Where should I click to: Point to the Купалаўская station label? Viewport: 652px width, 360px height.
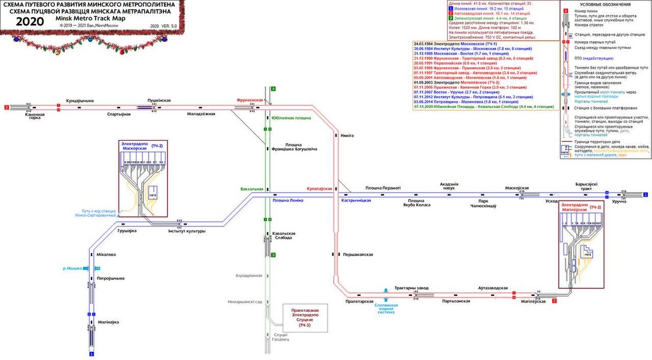pos(319,188)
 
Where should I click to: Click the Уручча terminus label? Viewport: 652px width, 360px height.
pos(619,201)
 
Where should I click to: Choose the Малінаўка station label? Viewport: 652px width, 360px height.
pos(108,322)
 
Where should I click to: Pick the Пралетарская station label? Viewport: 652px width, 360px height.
pos(359,301)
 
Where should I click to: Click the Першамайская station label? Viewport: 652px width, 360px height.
pos(357,254)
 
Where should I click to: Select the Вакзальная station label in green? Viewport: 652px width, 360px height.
pos(252,189)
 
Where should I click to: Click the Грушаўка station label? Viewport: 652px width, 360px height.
pos(127,231)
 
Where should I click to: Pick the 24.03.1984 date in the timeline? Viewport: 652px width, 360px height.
pos(425,43)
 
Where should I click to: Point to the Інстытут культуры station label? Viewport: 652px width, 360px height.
pos(186,231)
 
